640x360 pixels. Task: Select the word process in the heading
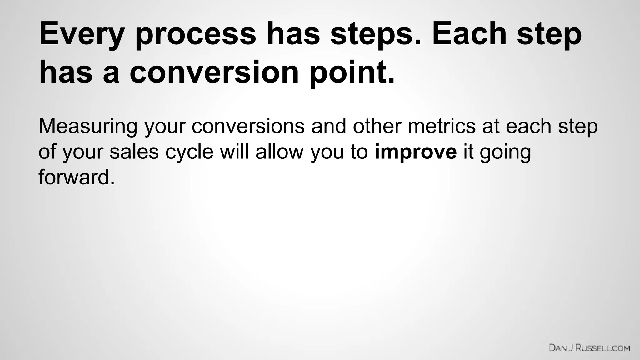(196, 34)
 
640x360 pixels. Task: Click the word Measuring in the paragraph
(88, 126)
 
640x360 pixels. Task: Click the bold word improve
(416, 152)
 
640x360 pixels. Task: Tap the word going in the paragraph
(505, 152)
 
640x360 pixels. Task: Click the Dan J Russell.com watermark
(589, 348)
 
